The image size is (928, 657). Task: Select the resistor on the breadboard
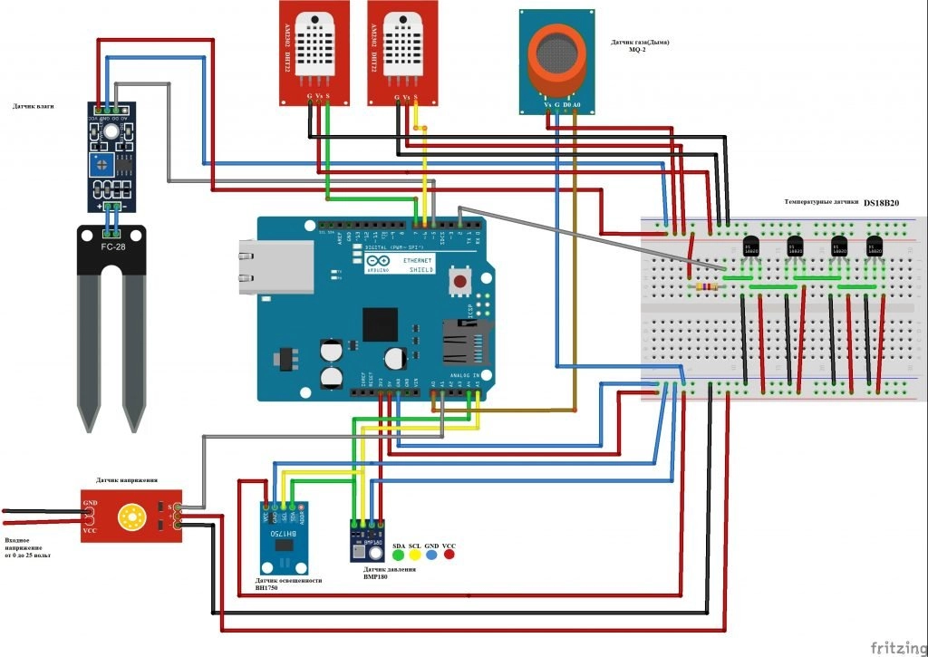[703, 287]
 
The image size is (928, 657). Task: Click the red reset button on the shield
[460, 282]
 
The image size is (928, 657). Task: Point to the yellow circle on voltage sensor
[132, 518]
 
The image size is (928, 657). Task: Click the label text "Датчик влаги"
[33, 106]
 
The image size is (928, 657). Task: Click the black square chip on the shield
[380, 324]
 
